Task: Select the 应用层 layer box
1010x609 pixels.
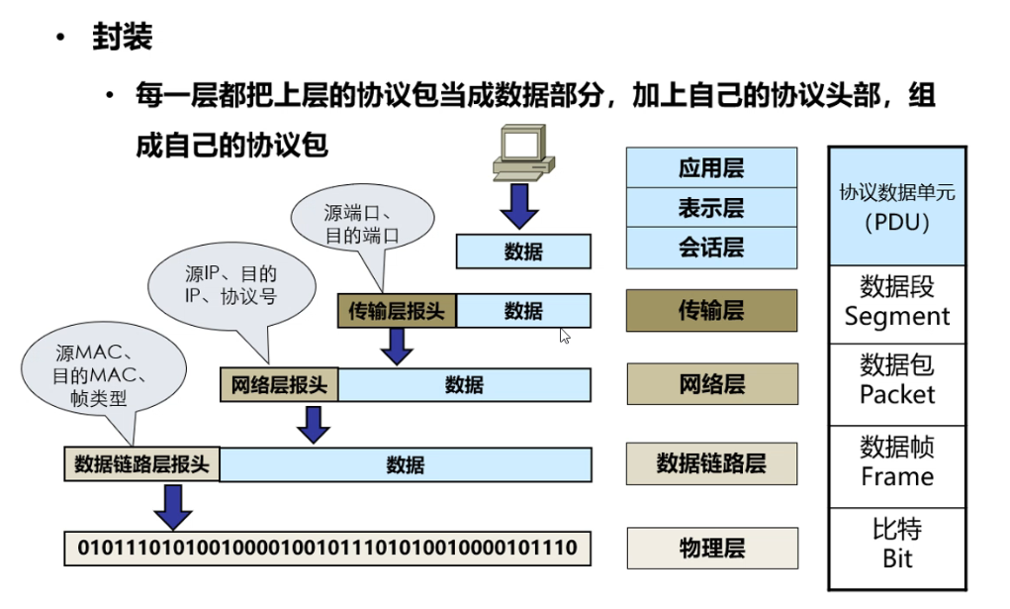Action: point(711,167)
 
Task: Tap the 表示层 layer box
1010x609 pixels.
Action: point(711,208)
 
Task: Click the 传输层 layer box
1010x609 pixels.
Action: point(711,310)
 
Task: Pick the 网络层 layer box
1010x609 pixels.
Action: point(711,384)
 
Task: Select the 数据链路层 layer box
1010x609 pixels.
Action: point(711,463)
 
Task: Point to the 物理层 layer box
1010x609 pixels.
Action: point(711,548)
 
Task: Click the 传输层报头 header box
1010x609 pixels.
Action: point(396,311)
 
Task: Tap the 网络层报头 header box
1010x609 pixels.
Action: point(279,385)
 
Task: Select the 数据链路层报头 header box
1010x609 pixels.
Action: point(142,464)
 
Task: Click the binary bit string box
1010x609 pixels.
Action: point(327,548)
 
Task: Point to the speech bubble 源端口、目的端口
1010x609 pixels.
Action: point(362,222)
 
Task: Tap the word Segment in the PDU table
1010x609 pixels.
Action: point(897,317)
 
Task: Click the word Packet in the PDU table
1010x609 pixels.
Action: point(897,394)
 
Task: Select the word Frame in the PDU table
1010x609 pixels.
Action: point(897,476)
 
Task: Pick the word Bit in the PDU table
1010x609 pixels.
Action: point(897,558)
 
